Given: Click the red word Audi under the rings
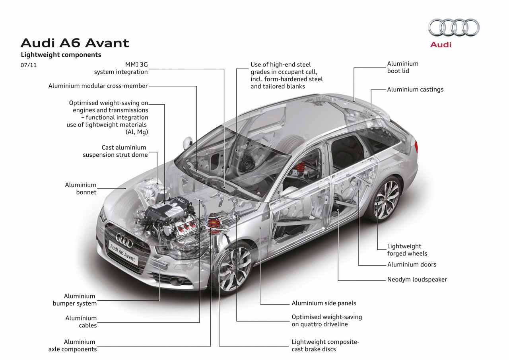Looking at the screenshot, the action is click(441, 45).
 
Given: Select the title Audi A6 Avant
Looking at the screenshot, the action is click(75, 43).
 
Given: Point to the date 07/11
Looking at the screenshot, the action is click(28, 65).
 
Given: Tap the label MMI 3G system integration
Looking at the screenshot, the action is click(121, 68).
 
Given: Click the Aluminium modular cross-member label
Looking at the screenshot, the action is click(98, 86).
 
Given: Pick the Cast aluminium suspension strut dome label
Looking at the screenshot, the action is click(115, 151).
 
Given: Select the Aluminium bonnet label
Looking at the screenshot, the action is click(81, 189).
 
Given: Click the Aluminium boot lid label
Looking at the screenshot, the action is click(403, 67).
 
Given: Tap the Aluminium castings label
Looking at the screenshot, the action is click(415, 90).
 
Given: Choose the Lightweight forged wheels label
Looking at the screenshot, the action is click(407, 250).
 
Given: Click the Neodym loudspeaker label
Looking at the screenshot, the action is click(417, 280).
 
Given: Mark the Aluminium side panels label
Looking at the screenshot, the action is click(324, 303).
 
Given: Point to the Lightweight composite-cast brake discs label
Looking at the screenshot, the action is click(325, 345).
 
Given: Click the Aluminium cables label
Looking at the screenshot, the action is click(81, 321).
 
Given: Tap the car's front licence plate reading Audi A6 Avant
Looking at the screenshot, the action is click(123, 252).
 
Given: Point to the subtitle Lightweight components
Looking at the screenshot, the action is click(61, 55).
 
